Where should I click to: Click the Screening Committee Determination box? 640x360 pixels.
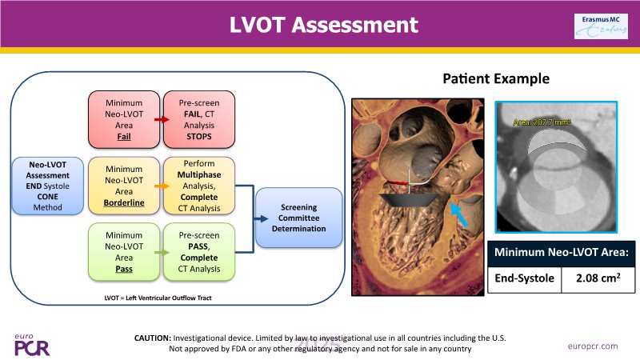293,218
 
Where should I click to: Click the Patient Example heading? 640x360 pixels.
495,79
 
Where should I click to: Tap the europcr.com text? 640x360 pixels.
593,346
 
